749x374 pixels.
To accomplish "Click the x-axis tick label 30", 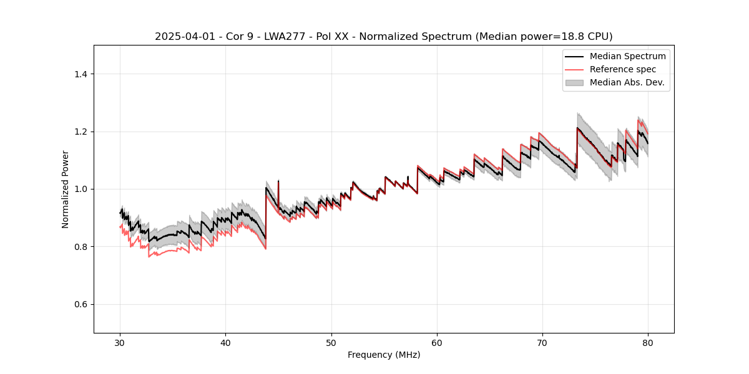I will tap(120, 343).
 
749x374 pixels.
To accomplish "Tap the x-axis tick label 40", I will tap(226, 343).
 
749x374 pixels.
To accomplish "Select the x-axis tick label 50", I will tap(331, 343).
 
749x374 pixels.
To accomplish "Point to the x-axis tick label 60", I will tap(437, 343).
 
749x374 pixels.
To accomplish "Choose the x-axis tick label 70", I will tap(542, 343).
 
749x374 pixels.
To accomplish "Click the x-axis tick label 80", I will tap(648, 343).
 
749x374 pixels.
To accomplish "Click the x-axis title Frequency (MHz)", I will tap(384, 355).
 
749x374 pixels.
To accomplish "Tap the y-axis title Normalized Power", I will tap(66, 189).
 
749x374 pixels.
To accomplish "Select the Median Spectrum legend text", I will tap(628, 56).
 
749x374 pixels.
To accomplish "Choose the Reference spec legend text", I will tap(623, 69).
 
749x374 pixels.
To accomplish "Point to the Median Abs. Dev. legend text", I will tap(627, 82).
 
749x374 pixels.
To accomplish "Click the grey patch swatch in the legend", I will tap(574, 82).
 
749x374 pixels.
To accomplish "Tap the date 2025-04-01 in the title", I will tap(182, 37).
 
